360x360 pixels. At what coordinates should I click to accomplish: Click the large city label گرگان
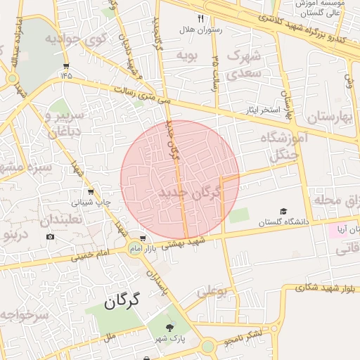pos(122,302)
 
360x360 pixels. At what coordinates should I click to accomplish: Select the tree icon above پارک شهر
pos(169,328)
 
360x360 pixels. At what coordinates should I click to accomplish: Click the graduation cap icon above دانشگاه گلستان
pos(283,211)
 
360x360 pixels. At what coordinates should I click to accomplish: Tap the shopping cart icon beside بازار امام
pos(143,238)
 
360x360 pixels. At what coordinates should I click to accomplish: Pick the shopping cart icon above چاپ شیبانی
pos(90,191)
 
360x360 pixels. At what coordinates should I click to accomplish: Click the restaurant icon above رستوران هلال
pos(201,18)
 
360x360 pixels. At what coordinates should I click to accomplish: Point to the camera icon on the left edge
pos(50,236)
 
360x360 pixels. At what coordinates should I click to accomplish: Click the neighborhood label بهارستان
pos(328,117)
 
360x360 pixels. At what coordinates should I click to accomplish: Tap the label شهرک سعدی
pos(245,63)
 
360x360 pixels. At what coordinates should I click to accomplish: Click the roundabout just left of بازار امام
pos(134,247)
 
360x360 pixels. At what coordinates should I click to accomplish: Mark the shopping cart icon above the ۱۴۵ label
pos(66,66)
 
